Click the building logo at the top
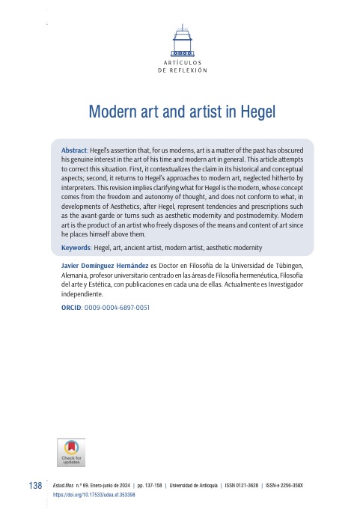[180, 41]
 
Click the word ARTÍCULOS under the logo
[180, 62]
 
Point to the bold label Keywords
[77, 247]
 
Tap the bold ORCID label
[71, 307]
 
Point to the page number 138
[34, 487]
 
